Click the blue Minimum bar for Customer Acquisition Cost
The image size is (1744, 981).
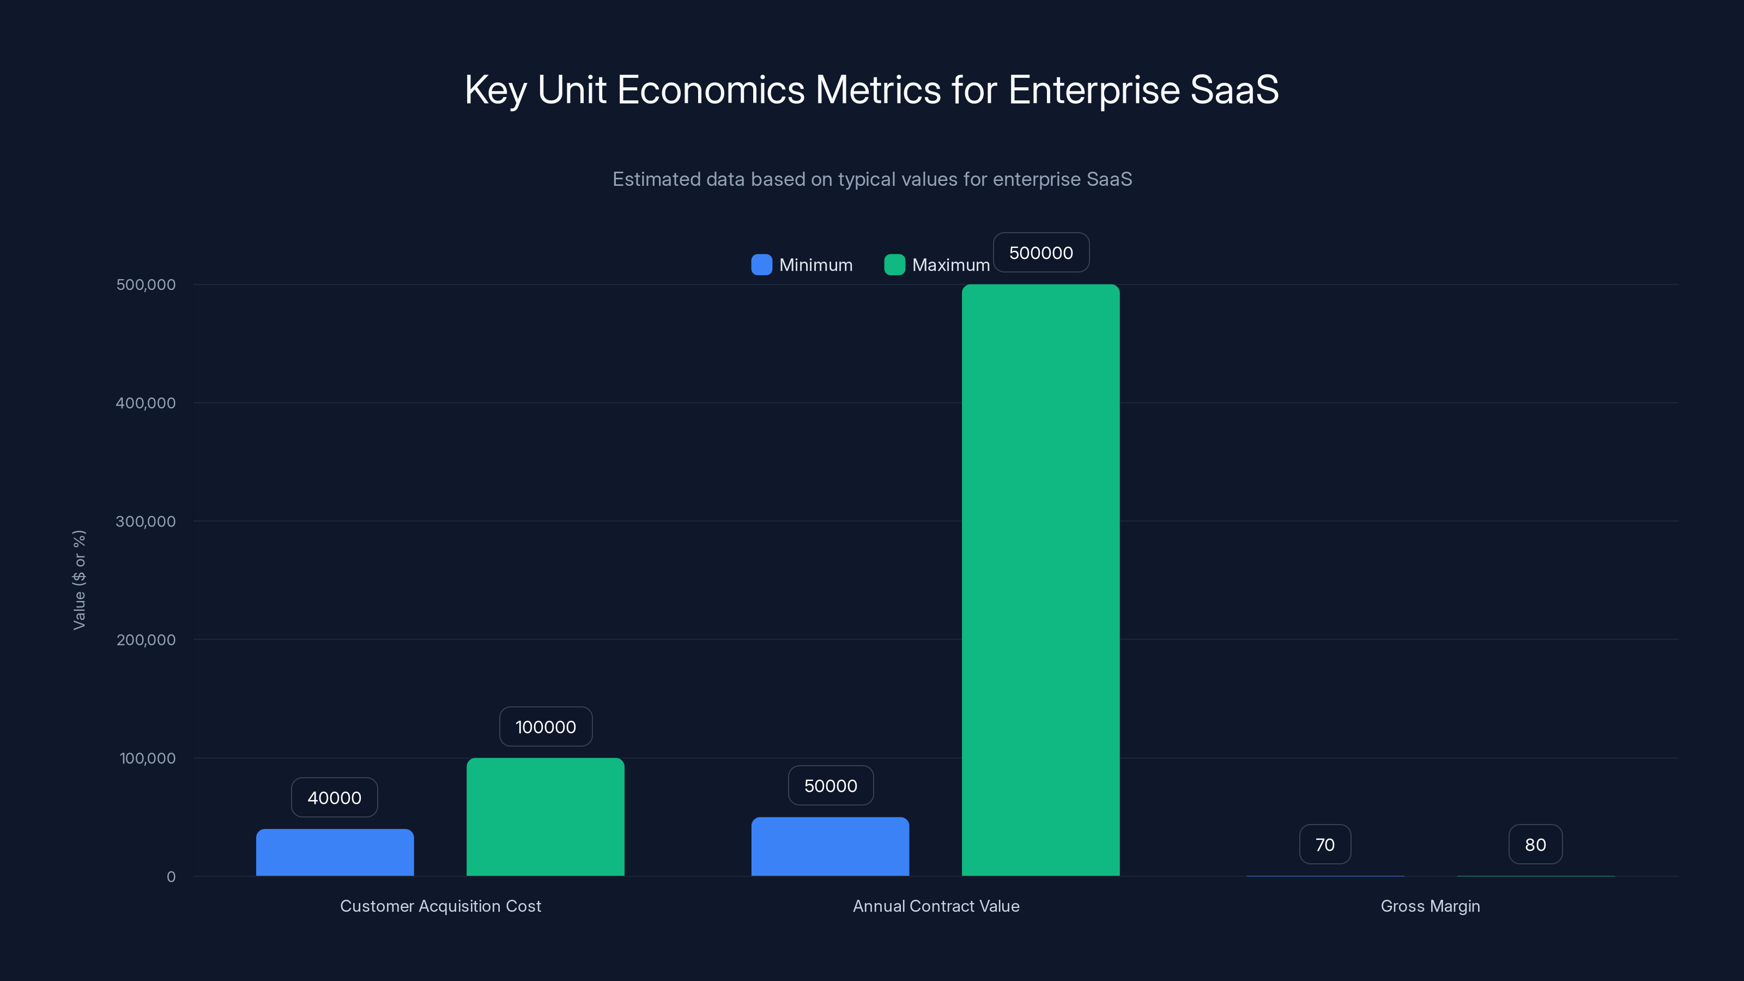(335, 852)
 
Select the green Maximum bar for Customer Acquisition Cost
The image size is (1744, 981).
(545, 816)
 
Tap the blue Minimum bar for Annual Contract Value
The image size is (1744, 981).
(830, 846)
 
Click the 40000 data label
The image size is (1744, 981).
(335, 797)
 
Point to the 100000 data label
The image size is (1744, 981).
(546, 726)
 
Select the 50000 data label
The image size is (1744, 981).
(831, 785)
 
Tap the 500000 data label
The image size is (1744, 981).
(1040, 252)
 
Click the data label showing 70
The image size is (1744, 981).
(1325, 844)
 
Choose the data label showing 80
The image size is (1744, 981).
(1535, 844)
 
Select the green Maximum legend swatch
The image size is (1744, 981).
(894, 265)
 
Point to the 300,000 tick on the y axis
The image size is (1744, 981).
(146, 522)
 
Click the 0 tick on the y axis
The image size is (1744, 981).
(171, 877)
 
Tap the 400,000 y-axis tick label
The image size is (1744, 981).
(146, 403)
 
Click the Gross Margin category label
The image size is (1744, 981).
(1430, 906)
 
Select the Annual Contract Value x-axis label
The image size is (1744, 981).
(936, 906)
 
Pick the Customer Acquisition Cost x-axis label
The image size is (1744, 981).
(440, 906)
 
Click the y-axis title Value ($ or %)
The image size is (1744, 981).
(79, 579)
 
